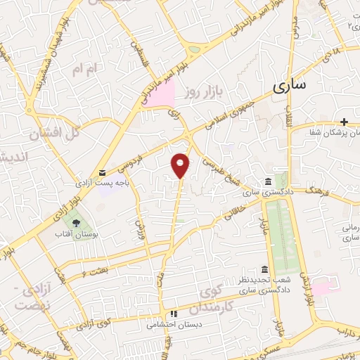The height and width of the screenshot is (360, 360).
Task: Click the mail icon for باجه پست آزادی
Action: tap(103, 172)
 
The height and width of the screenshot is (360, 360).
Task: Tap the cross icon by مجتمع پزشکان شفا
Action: tap(344, 122)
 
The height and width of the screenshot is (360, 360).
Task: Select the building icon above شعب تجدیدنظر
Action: tap(264, 270)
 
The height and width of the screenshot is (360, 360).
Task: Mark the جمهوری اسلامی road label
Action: tap(231, 112)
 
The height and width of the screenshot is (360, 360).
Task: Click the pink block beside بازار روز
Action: tap(160, 94)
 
